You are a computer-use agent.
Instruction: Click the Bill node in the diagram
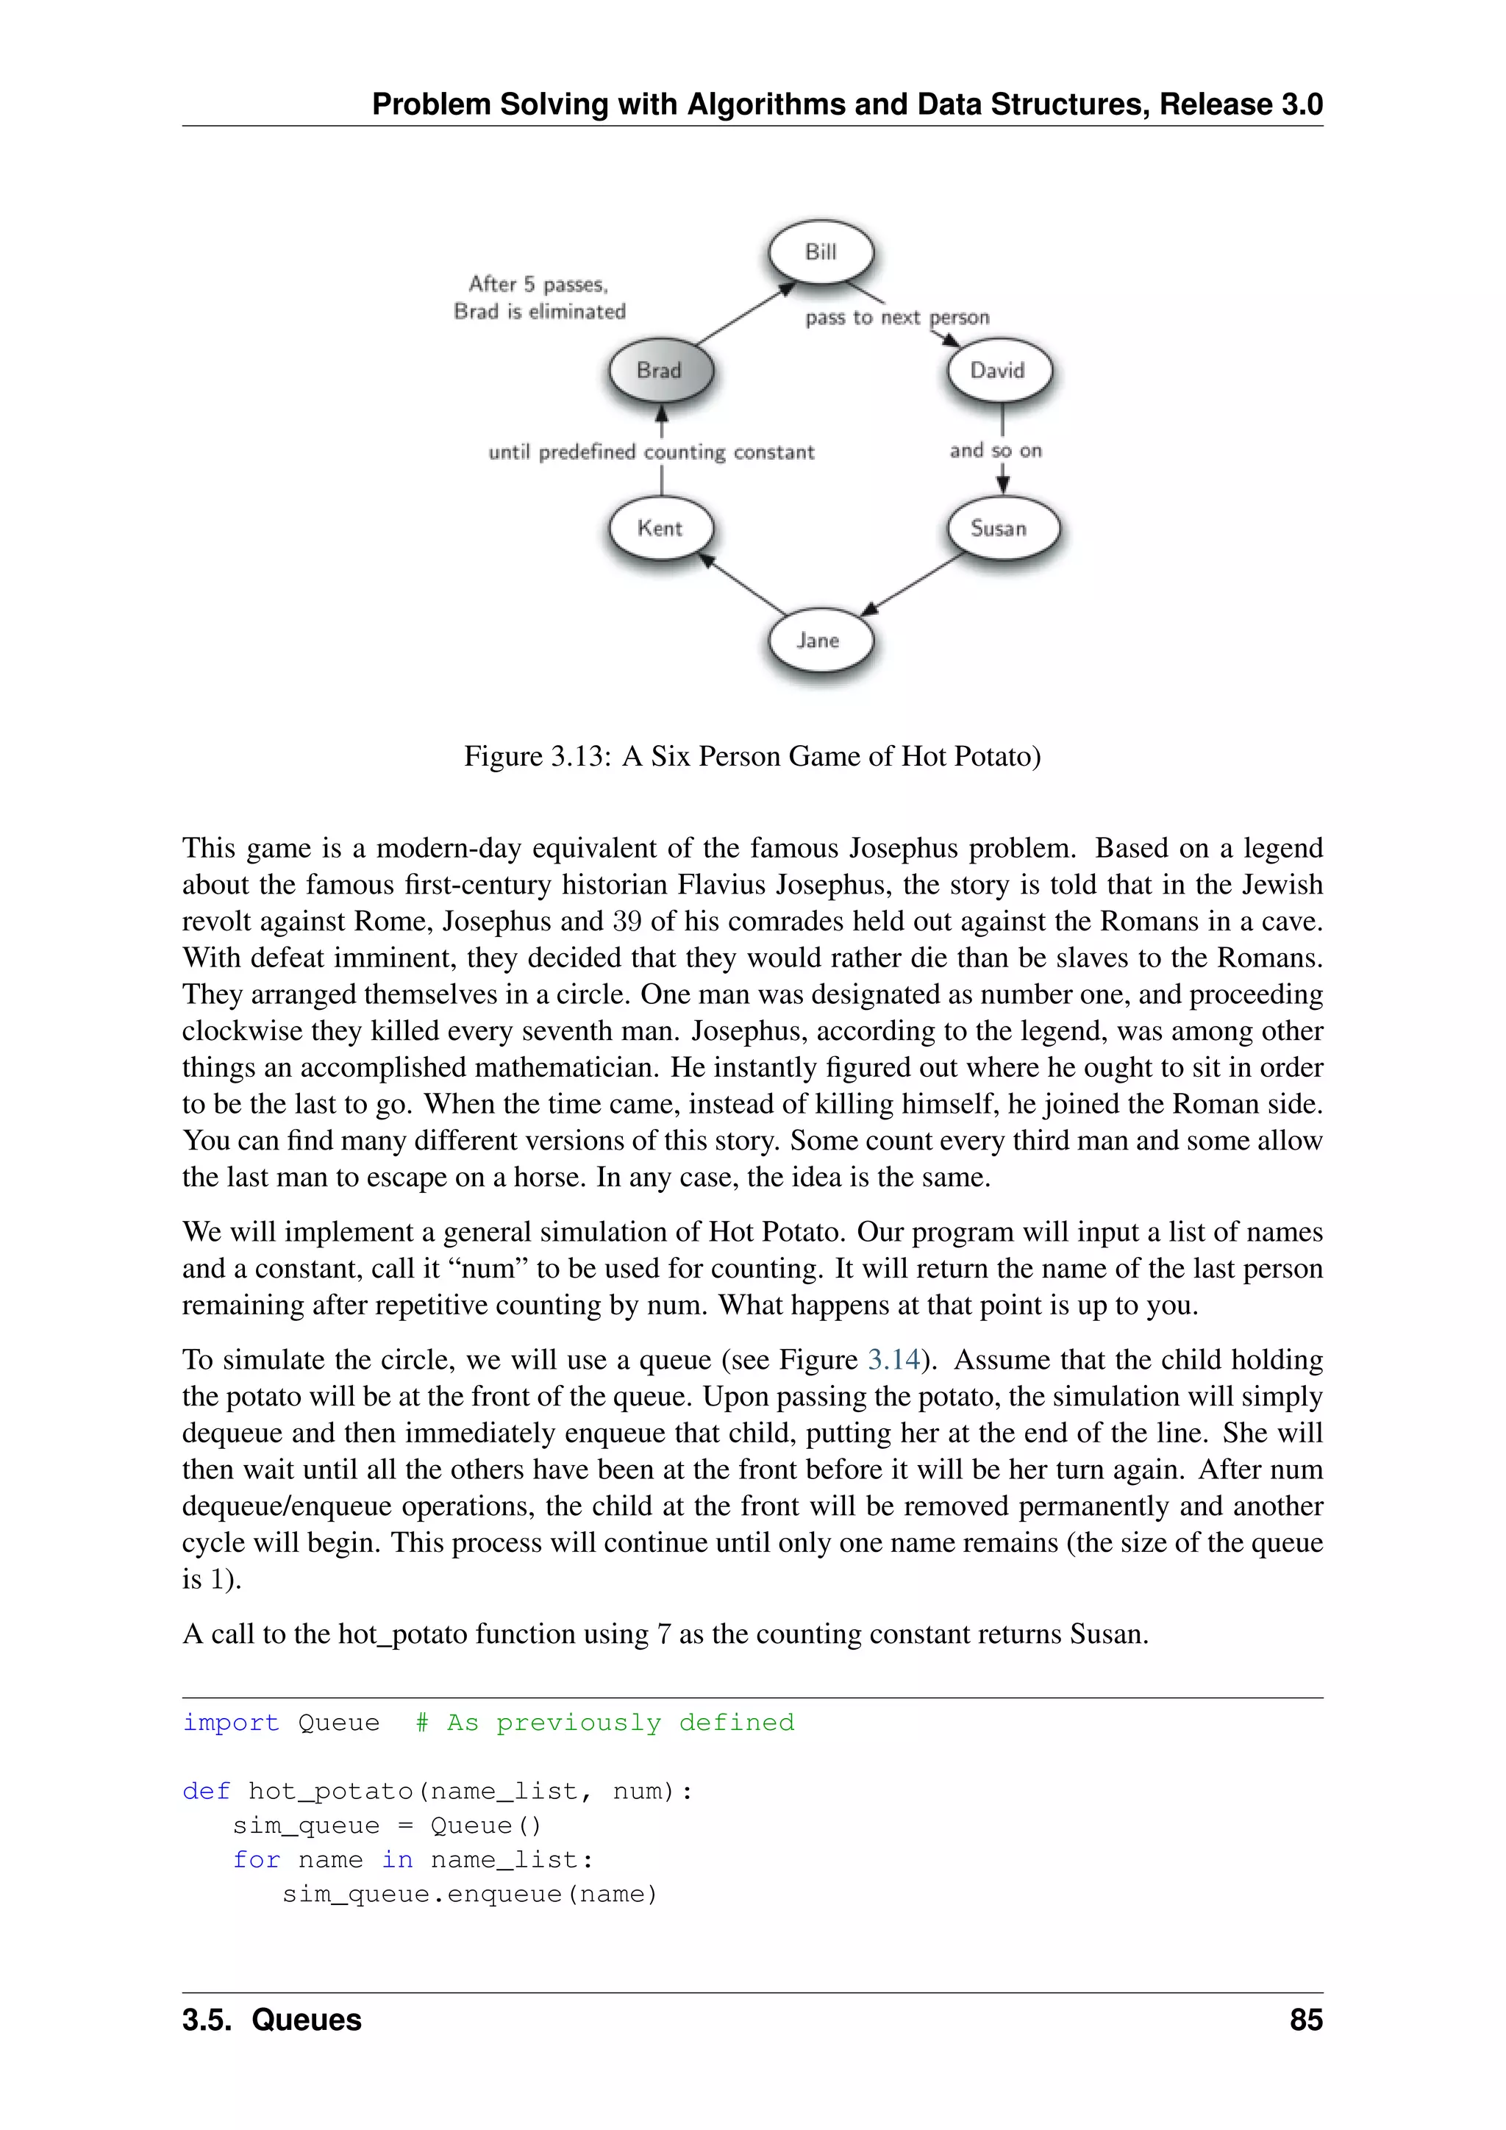pyautogui.click(x=821, y=252)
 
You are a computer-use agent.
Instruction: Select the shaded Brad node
pyautogui.click(x=660, y=370)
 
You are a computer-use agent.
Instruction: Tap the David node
pyautogui.click(x=999, y=370)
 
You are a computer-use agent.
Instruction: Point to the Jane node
pyautogui.click(x=820, y=640)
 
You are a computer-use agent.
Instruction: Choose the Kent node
pyautogui.click(x=660, y=529)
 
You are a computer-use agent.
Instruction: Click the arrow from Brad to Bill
pyautogui.click(x=746, y=316)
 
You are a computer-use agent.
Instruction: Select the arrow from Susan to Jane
pyautogui.click(x=913, y=585)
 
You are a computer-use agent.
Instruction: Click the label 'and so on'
pyautogui.click(x=995, y=451)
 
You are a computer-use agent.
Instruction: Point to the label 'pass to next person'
pyautogui.click(x=896, y=317)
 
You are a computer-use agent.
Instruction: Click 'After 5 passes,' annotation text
pyautogui.click(x=538, y=284)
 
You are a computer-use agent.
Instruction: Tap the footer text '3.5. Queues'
pyautogui.click(x=271, y=2020)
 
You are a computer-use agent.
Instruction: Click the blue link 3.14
pyautogui.click(x=894, y=1359)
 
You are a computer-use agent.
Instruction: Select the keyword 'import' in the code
pyautogui.click(x=230, y=1723)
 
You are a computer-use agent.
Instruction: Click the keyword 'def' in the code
pyautogui.click(x=206, y=1792)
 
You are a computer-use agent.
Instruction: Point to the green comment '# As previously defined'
pyautogui.click(x=604, y=1723)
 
